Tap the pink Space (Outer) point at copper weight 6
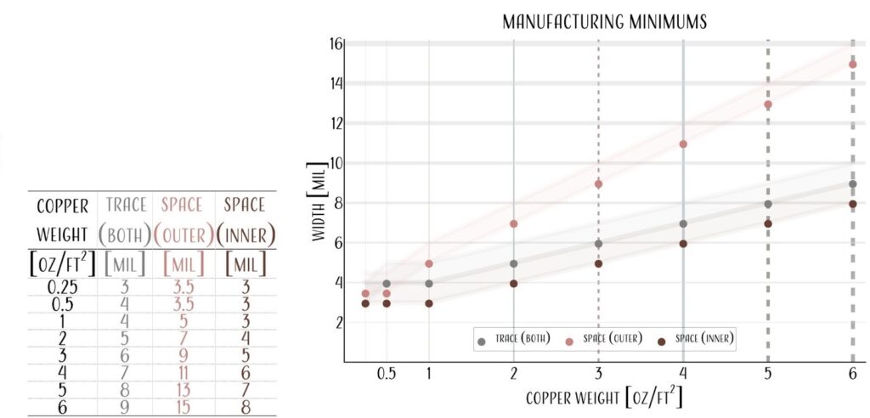[x=852, y=65]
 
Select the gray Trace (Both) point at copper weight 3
[x=598, y=244]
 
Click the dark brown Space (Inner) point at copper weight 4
[x=683, y=244]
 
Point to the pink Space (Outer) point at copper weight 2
[x=513, y=223]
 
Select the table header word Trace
[x=126, y=205]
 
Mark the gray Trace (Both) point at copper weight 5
[x=768, y=204]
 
